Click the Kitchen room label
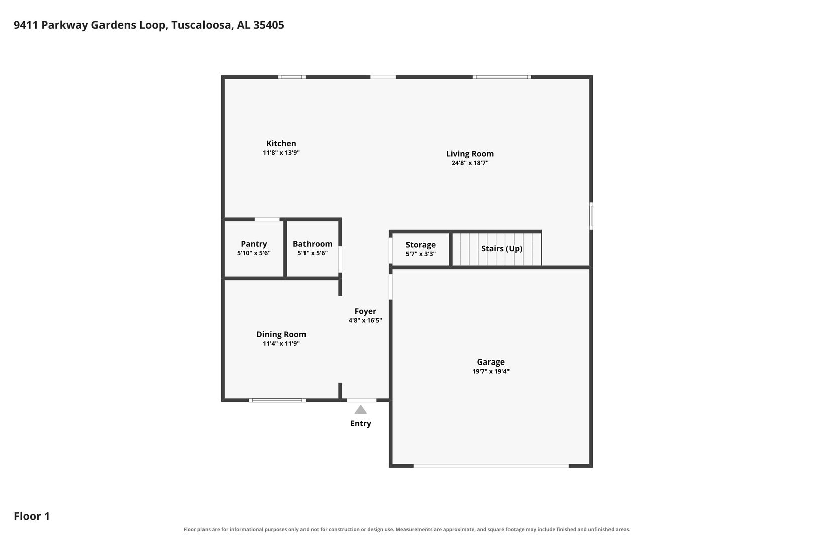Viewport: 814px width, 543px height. tap(281, 144)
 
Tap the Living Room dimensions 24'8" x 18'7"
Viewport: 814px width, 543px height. tap(470, 163)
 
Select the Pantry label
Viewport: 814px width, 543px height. tap(254, 244)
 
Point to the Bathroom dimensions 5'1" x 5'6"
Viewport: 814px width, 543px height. tap(313, 253)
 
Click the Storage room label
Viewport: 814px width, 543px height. tap(421, 245)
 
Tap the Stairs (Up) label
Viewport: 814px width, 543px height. tap(501, 249)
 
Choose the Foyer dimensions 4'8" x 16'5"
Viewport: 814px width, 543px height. tap(365, 320)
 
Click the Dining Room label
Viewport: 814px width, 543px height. tap(281, 335)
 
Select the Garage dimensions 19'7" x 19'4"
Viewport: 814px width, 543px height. tap(491, 372)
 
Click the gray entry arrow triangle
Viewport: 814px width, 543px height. tap(360, 410)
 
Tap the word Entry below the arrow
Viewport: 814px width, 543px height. tap(360, 424)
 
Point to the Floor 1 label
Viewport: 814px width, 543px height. tap(32, 516)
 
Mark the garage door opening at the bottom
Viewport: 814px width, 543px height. tap(491, 466)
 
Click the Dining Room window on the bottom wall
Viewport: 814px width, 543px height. tap(277, 400)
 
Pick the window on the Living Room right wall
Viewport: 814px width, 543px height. tap(591, 216)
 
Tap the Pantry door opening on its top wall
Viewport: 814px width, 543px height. tap(267, 219)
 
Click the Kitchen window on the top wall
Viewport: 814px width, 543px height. tap(292, 77)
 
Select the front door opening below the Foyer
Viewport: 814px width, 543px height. tap(362, 400)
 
